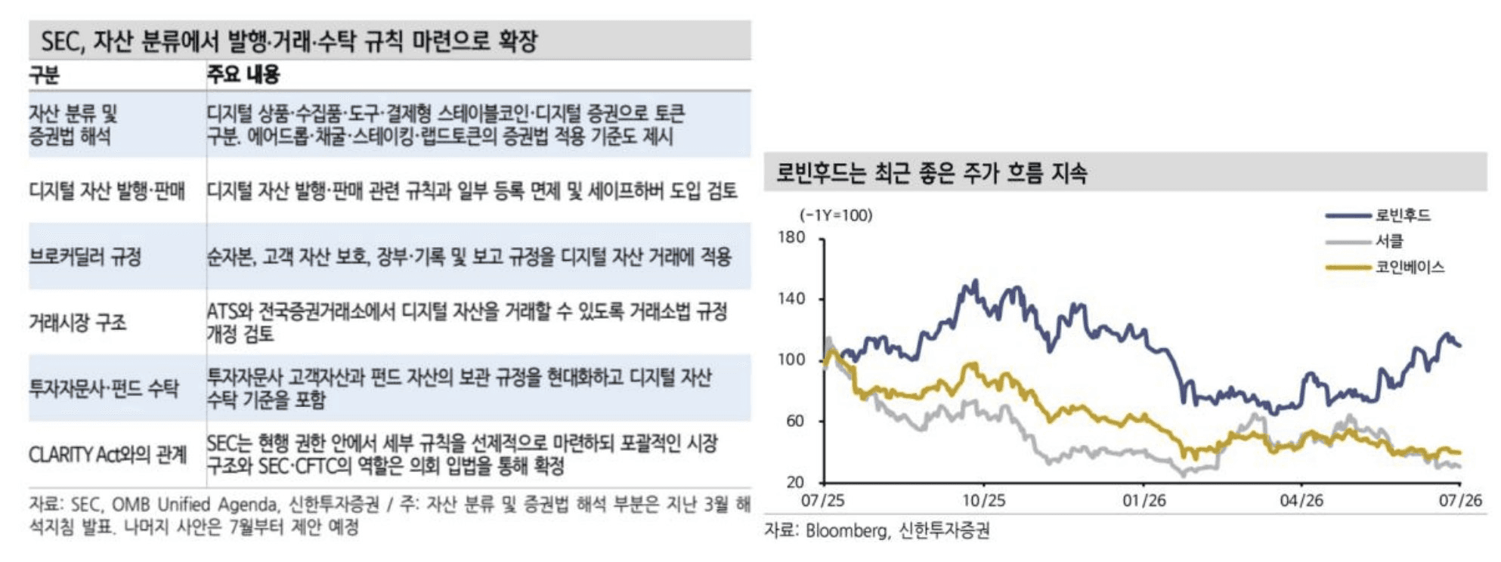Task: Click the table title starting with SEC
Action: tap(289, 41)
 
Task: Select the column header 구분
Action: tap(44, 75)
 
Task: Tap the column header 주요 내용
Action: tap(243, 74)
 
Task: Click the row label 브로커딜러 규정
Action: tap(85, 257)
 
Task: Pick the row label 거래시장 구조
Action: tap(78, 323)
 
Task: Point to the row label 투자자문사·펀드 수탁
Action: tap(104, 388)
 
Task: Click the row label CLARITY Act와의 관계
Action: tap(108, 455)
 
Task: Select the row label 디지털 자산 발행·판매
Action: tap(107, 190)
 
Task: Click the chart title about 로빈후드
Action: tap(932, 173)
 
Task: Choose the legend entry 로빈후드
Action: tap(1403, 215)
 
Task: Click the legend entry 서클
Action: tap(1389, 241)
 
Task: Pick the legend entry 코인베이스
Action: tap(1410, 267)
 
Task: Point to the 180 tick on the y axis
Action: tap(792, 237)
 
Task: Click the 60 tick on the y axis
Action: tap(796, 421)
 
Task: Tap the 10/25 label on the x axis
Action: tap(984, 500)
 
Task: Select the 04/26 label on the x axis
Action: tap(1301, 500)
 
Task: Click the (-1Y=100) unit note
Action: tap(836, 215)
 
